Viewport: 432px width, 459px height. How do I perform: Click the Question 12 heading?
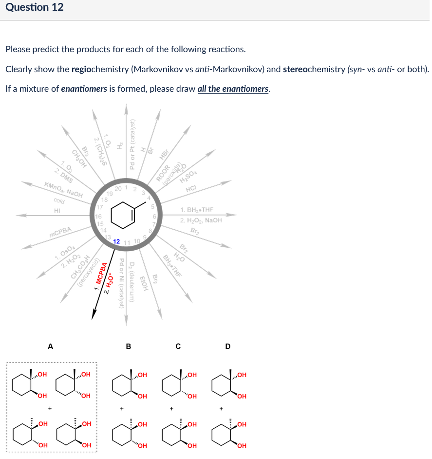tap(35, 7)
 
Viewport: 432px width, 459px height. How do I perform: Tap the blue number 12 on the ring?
tap(117, 241)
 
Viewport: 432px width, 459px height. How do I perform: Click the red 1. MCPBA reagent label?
tap(101, 278)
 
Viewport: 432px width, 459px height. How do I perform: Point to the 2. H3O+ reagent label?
tap(111, 279)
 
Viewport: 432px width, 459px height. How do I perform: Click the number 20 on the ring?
tap(119, 189)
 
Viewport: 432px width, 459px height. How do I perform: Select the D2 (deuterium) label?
tap(132, 282)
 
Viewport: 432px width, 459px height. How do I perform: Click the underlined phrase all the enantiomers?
tap(233, 88)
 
